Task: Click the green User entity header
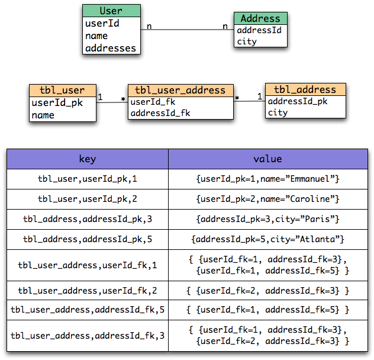111,11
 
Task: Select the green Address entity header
260,18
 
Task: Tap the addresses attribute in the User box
111,49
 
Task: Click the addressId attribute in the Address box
259,30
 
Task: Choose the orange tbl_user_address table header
180,90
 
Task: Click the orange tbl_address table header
305,89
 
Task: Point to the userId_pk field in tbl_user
57,103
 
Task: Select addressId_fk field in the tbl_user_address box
160,113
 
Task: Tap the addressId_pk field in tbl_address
298,101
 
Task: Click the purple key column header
88,159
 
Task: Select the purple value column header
267,159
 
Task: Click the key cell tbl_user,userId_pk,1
88,178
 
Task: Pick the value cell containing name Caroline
267,198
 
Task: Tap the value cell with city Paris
267,218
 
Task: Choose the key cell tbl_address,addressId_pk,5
88,239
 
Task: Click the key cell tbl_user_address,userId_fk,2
88,291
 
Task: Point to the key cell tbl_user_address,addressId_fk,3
88,336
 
